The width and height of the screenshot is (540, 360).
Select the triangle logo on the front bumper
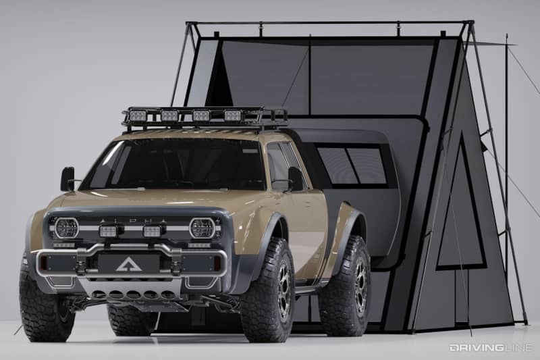click(x=128, y=264)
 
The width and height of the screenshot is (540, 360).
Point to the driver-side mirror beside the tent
click(x=296, y=178)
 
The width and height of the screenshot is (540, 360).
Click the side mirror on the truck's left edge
click(x=67, y=179)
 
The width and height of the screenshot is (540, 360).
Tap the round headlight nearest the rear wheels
click(x=201, y=228)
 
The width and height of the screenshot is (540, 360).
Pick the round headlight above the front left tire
click(x=66, y=228)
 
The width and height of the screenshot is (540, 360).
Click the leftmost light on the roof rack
click(x=138, y=115)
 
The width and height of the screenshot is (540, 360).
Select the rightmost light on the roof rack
click(x=232, y=115)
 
